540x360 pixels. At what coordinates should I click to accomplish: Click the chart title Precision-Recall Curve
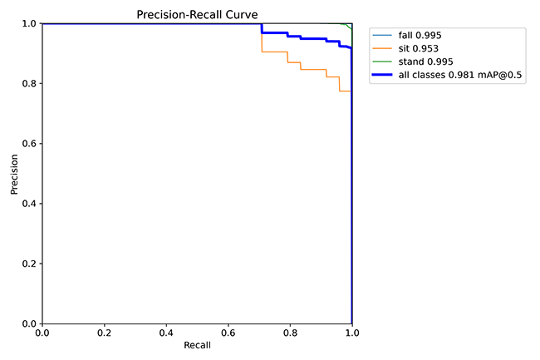click(197, 14)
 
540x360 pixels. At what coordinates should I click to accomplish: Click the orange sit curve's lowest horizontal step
click(345, 91)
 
